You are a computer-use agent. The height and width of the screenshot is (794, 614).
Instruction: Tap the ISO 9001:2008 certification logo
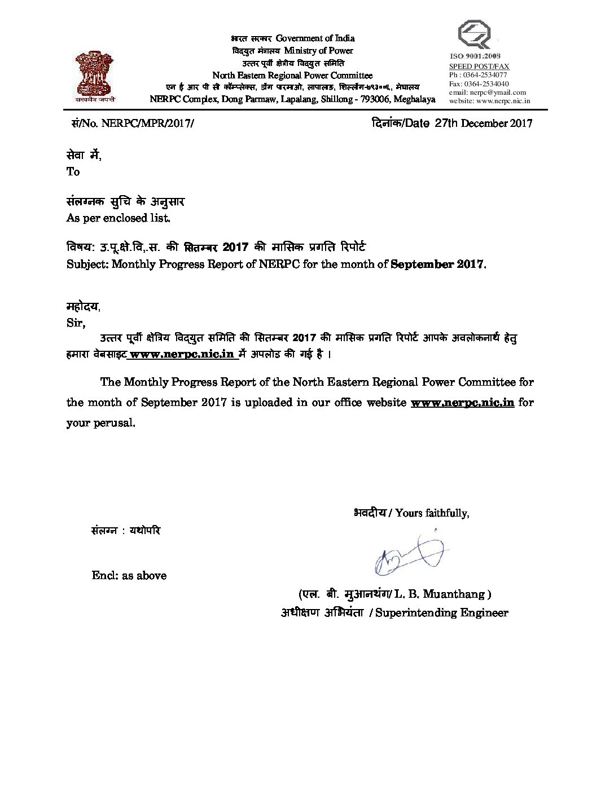475,35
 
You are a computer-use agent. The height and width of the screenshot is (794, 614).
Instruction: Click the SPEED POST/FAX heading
479,66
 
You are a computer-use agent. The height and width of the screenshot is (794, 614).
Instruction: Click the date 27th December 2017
484,123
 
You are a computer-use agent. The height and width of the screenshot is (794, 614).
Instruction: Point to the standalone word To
73,172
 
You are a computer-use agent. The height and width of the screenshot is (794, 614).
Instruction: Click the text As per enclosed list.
118,218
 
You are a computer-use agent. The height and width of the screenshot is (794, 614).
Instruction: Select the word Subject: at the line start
87,264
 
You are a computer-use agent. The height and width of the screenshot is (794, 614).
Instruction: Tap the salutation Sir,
76,323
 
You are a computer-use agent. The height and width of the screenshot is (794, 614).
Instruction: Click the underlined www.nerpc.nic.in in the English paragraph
462,403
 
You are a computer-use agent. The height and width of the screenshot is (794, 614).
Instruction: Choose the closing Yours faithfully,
432,513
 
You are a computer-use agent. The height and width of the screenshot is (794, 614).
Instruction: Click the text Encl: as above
129,576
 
